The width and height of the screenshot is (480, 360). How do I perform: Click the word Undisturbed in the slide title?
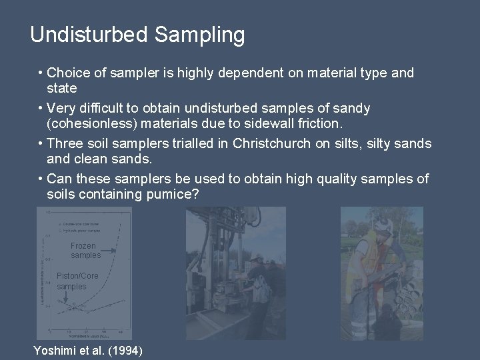88,35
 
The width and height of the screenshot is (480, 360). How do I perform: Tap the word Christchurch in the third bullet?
275,143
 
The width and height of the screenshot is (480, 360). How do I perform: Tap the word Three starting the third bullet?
65,143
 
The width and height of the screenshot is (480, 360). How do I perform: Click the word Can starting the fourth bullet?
59,179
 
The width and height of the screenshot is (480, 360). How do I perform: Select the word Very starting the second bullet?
62,108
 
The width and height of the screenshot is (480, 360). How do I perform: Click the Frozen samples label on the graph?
85,251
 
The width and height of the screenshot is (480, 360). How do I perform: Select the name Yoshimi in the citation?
55,351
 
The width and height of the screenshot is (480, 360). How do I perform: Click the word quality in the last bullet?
322,179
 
